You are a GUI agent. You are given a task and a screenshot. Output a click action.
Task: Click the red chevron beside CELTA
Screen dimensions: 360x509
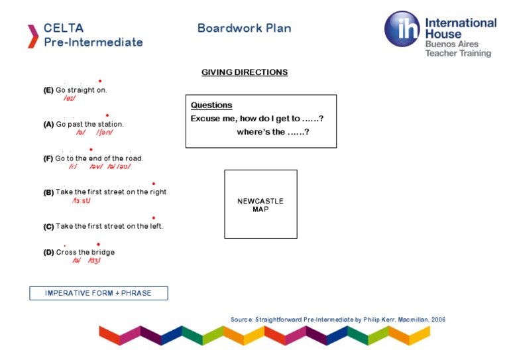tap(32, 36)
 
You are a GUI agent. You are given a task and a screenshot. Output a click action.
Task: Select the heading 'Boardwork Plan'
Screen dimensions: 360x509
tap(244, 29)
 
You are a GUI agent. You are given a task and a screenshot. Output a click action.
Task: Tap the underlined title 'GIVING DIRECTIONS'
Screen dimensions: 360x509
tap(245, 72)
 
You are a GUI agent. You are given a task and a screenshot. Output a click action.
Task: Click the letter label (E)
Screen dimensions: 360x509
tap(48, 90)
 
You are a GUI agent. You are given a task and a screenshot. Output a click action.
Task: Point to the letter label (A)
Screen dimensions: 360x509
tap(48, 124)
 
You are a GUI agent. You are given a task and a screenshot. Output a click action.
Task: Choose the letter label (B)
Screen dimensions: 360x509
tap(48, 192)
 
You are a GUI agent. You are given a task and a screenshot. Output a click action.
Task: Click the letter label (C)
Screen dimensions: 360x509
tap(48, 227)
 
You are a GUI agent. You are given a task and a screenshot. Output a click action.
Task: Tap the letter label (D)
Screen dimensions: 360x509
tap(48, 253)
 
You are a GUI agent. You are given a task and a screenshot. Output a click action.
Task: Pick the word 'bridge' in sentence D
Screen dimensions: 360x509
tap(103, 253)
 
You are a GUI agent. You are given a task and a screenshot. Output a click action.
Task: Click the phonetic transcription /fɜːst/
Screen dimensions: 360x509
tap(81, 200)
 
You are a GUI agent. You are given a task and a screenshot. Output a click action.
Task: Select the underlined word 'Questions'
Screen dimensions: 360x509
tap(211, 105)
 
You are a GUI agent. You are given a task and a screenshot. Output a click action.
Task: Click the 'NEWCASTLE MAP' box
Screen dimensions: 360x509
tap(260, 204)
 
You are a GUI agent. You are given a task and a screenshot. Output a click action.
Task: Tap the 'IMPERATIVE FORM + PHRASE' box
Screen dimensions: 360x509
tap(98, 293)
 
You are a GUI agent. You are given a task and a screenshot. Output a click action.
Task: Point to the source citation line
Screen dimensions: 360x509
tap(338, 320)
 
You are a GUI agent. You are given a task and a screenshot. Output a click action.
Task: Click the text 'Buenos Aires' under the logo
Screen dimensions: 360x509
tap(451, 44)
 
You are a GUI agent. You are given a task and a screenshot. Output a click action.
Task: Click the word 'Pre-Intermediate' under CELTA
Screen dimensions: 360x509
tap(93, 42)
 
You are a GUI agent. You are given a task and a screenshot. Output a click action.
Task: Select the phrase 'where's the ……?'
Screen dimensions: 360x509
tap(273, 132)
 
